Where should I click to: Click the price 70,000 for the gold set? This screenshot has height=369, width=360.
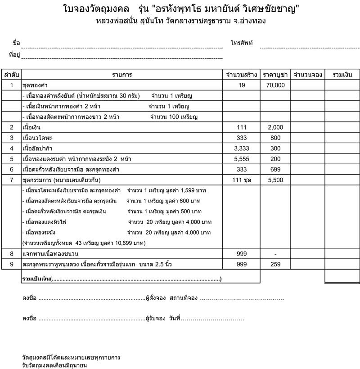pyautogui.click(x=275, y=85)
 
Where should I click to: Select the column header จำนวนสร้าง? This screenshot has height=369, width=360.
pyautogui.click(x=242, y=74)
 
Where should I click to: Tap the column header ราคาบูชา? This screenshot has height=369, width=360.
pyautogui.click(x=275, y=74)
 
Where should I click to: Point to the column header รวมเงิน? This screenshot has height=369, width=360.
pyautogui.click(x=342, y=74)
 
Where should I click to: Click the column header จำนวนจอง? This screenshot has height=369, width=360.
pyautogui.click(x=307, y=74)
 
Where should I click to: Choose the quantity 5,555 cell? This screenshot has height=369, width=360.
pyautogui.click(x=242, y=159)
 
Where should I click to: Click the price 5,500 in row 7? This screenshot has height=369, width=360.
pyautogui.click(x=275, y=180)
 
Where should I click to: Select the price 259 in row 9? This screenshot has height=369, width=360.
pyautogui.click(x=275, y=265)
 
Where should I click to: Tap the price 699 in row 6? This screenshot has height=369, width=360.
pyautogui.click(x=275, y=169)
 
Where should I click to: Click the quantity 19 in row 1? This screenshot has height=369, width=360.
pyautogui.click(x=242, y=85)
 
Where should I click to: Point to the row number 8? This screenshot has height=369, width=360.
pyautogui.click(x=12, y=254)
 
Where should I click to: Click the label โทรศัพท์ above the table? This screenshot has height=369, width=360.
pyautogui.click(x=242, y=43)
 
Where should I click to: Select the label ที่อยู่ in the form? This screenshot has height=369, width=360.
pyautogui.click(x=14, y=55)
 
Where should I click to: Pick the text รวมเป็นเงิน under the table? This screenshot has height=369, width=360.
pyautogui.click(x=36, y=279)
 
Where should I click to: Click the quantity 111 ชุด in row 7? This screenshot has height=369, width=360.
pyautogui.click(x=242, y=180)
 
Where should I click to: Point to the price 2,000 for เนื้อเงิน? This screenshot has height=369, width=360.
pyautogui.click(x=275, y=127)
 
